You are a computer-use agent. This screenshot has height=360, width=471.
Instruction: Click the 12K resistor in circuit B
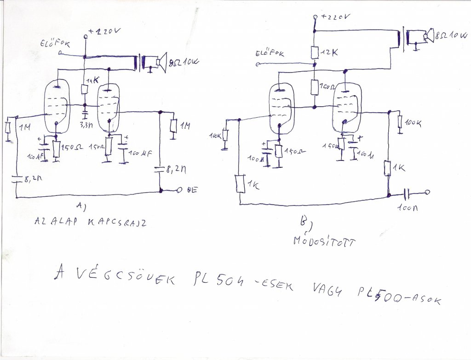pyautogui.click(x=315, y=53)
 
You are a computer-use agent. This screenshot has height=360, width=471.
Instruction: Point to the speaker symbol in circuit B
pyautogui.click(x=427, y=35)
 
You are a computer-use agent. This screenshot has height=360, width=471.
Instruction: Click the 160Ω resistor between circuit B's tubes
pyautogui.click(x=315, y=87)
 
